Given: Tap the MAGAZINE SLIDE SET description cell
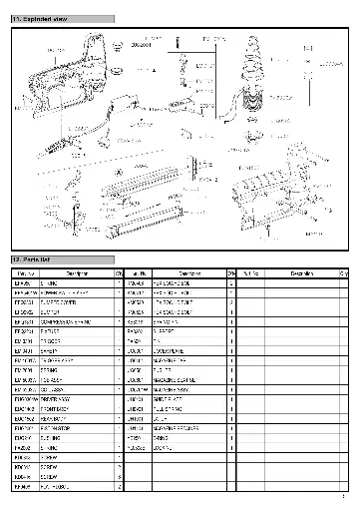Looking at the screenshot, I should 189,380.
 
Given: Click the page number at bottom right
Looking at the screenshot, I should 342,497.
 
